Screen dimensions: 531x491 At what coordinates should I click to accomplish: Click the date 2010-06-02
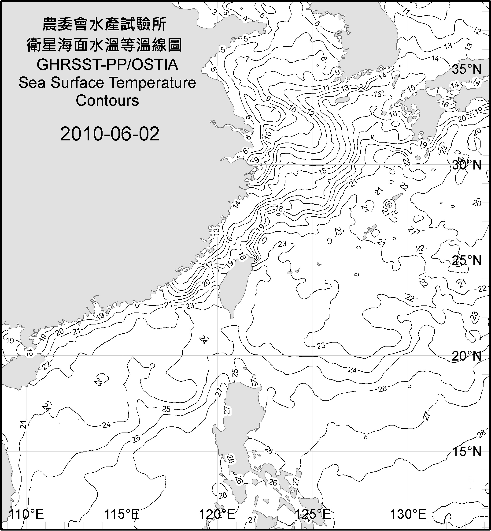[110, 134]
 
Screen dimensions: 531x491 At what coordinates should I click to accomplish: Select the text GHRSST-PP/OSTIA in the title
[107, 65]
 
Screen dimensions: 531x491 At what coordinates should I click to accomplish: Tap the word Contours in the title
[107, 101]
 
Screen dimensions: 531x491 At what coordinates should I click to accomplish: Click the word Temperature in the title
[152, 83]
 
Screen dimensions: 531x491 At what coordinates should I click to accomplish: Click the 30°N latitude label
[467, 165]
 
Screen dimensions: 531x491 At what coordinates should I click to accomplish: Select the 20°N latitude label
[467, 356]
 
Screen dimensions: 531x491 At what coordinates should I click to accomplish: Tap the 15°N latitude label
[467, 452]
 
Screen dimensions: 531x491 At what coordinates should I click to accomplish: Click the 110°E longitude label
[26, 514]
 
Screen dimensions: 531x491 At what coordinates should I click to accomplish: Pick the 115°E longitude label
[122, 514]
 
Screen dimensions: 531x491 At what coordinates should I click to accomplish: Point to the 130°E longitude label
[408, 514]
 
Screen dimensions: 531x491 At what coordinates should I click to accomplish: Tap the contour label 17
[209, 265]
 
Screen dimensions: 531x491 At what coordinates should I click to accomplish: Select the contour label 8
[323, 58]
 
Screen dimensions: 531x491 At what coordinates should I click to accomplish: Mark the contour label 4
[245, 18]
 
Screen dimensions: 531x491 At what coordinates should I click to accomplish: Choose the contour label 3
[226, 12]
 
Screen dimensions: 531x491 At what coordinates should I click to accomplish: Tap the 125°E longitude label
[313, 514]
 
